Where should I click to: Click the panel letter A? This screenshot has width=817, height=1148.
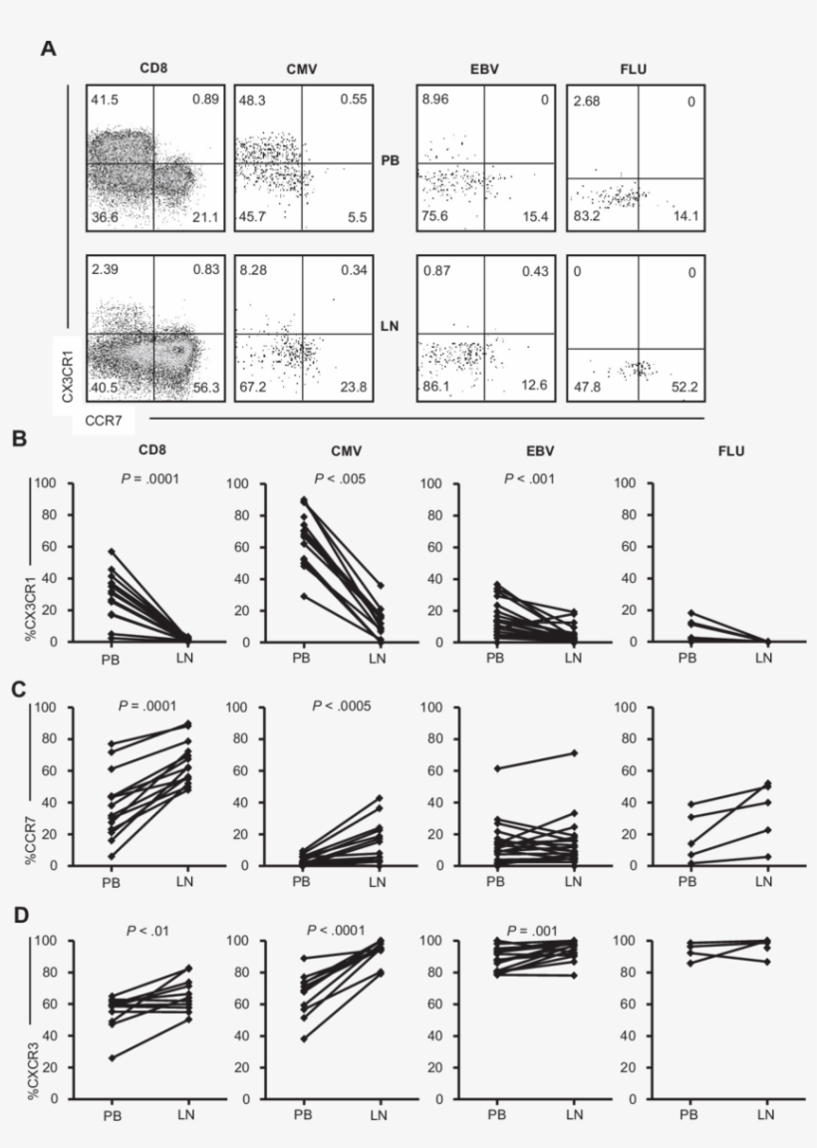pos(48,48)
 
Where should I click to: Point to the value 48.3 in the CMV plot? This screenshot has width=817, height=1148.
pos(254,102)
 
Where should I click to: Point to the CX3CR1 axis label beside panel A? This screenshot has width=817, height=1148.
pos(68,370)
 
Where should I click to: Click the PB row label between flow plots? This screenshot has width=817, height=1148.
pos(391,159)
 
